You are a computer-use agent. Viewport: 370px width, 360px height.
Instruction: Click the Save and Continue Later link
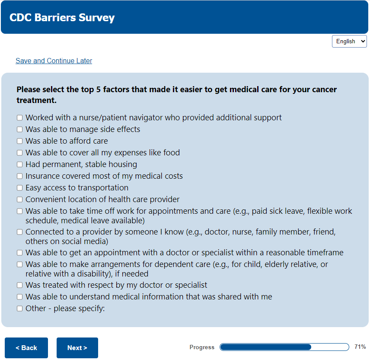click(54, 61)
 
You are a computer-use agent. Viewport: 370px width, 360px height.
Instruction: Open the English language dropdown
click(349, 41)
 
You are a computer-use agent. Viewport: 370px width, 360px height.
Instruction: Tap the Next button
click(77, 348)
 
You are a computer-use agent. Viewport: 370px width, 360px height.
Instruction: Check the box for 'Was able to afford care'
click(19, 141)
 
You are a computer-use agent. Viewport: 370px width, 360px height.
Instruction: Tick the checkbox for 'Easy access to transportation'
click(19, 188)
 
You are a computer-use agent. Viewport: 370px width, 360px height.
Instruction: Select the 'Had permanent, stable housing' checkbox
click(19, 164)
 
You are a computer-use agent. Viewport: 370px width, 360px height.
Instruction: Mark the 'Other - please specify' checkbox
click(19, 309)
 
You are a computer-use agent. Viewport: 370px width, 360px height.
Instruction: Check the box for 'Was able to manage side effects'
click(19, 129)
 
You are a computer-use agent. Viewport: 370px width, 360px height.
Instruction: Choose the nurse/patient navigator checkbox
click(19, 118)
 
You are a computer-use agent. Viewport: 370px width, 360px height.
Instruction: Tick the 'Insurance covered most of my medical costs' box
click(19, 176)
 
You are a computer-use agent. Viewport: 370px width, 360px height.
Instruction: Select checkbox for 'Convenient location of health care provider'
click(19, 199)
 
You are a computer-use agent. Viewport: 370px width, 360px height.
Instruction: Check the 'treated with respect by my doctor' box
click(19, 285)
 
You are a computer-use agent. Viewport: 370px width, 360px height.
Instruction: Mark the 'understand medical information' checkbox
click(19, 297)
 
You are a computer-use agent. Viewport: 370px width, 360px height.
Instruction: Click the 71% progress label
click(360, 347)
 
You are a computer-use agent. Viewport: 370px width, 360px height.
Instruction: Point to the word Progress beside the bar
click(202, 347)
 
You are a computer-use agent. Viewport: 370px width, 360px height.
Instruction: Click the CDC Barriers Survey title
click(62, 18)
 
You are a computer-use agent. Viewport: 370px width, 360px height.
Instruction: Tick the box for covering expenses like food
click(19, 153)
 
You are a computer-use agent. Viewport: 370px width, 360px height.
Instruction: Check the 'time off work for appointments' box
click(19, 211)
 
